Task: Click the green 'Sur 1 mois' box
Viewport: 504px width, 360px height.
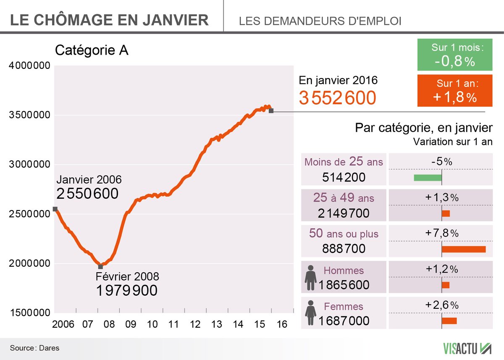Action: (455, 55)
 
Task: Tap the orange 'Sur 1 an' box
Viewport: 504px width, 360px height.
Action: (455, 91)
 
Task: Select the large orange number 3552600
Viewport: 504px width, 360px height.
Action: (337, 98)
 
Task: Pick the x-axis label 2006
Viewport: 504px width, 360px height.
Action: (63, 325)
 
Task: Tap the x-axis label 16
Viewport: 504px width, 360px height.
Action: (282, 325)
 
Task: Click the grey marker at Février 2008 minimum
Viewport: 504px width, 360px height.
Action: (100, 267)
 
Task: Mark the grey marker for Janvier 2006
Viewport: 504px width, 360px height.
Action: (55, 209)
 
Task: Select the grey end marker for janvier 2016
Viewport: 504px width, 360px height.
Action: (271, 110)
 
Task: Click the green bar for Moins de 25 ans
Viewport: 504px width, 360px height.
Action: (428, 178)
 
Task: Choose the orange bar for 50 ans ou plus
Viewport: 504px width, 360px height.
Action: (464, 249)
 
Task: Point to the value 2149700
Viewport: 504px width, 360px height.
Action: (344, 213)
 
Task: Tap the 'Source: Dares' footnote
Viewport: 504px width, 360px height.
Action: (34, 348)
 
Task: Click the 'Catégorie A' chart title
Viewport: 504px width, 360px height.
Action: (92, 50)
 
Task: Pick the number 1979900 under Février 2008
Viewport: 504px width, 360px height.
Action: (127, 290)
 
